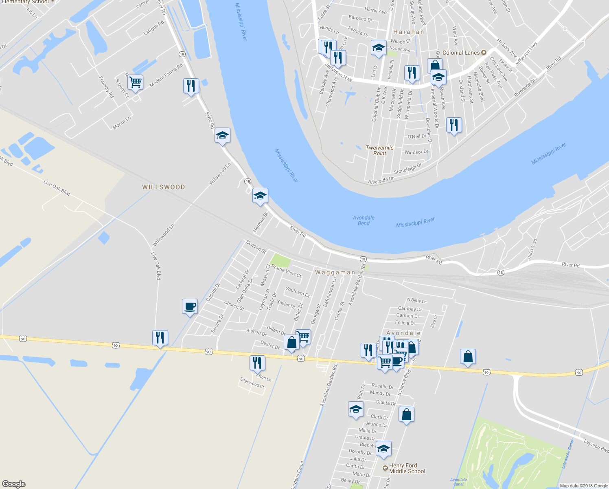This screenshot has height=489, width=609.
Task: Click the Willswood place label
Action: pyautogui.click(x=163, y=187)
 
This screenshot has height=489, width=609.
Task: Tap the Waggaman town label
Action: pyautogui.click(x=335, y=272)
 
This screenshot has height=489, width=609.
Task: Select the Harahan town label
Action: pyautogui.click(x=409, y=32)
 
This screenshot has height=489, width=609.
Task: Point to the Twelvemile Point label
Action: pyautogui.click(x=379, y=150)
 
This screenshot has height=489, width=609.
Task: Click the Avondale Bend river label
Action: pyautogui.click(x=364, y=220)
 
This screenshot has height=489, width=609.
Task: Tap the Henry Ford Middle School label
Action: pyautogui.click(x=407, y=468)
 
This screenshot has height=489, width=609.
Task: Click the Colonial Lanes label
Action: pyautogui.click(x=461, y=53)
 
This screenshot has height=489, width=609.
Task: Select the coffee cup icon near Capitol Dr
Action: pyautogui.click(x=190, y=306)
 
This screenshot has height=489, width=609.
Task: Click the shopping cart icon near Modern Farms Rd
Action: pyautogui.click(x=135, y=82)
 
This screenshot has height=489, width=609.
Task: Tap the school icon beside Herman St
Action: pyautogui.click(x=260, y=196)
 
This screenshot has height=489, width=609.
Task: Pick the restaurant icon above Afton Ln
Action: pyautogui.click(x=257, y=362)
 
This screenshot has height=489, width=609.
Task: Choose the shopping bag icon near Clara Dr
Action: pyautogui.click(x=406, y=414)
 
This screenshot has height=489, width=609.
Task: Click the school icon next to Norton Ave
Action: pyautogui.click(x=379, y=48)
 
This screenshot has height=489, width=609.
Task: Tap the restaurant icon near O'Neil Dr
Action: pyautogui.click(x=454, y=125)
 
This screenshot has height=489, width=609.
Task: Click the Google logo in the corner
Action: pyautogui.click(x=14, y=484)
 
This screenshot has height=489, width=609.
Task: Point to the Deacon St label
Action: pyautogui.click(x=256, y=247)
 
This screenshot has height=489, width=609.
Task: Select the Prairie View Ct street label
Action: pyautogui.click(x=287, y=271)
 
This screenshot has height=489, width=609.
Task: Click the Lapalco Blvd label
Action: pyautogui.click(x=596, y=445)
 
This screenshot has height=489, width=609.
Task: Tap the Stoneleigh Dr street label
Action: pyautogui.click(x=407, y=169)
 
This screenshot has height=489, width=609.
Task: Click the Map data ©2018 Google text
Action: pyautogui.click(x=583, y=486)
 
